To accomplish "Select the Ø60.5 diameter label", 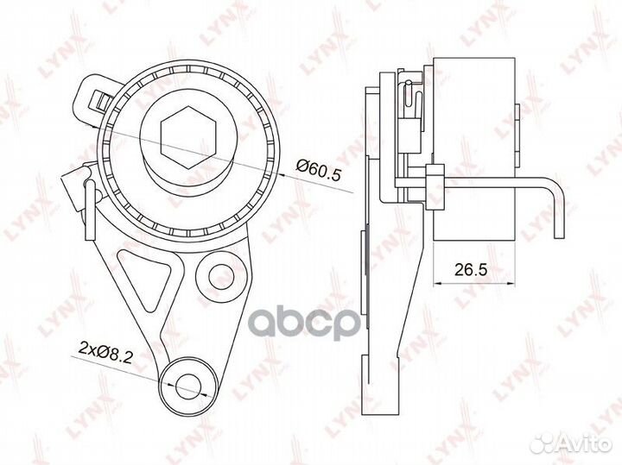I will point(320,174).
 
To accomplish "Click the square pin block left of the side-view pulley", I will point(435,180).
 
